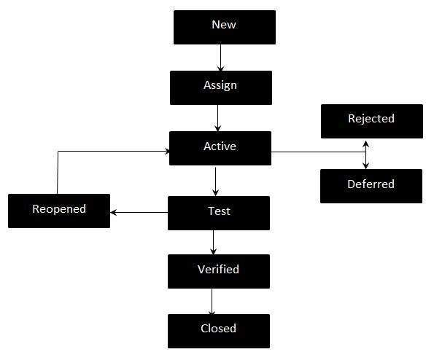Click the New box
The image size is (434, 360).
coord(224,27)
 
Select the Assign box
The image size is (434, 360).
coord(220,87)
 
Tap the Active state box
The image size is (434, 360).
coord(220,148)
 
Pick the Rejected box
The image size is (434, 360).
coord(371,121)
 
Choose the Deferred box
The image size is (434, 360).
coord(371,186)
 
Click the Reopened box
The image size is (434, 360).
coord(59,211)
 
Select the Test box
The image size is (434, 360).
coord(219,213)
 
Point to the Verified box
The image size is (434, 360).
coord(219,271)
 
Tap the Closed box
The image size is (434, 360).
coord(219,330)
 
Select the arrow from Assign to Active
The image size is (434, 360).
coord(217,117)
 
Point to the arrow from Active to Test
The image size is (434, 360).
coord(215,181)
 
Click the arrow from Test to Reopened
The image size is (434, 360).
coord(139,213)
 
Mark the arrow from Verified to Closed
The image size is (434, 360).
coord(212,301)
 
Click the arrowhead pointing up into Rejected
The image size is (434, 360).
coord(365,142)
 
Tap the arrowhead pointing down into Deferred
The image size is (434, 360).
coord(365,165)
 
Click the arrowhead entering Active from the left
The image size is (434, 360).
coord(167,152)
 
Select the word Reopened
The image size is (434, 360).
coord(59,209)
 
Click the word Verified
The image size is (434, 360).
coord(219,270)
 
